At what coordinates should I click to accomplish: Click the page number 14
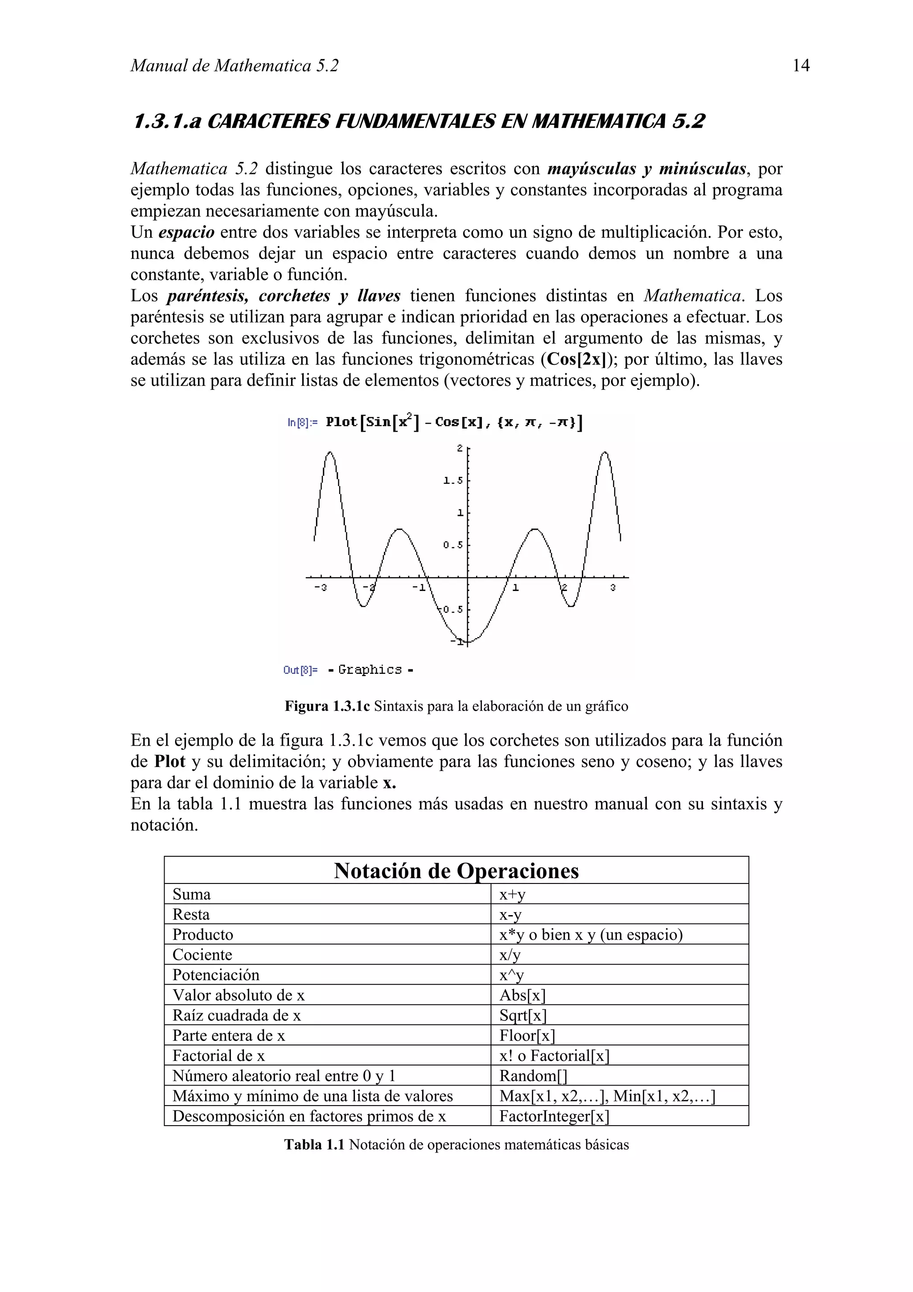pyautogui.click(x=801, y=66)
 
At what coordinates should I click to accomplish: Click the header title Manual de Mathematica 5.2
pyautogui.click(x=234, y=66)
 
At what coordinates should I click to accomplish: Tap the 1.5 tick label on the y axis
pyautogui.click(x=452, y=481)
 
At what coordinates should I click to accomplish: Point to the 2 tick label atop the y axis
pyautogui.click(x=460, y=448)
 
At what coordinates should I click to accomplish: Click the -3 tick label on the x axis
pyautogui.click(x=320, y=587)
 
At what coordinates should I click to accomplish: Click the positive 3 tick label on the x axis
pyautogui.click(x=613, y=587)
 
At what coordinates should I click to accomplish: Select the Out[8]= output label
pyautogui.click(x=300, y=669)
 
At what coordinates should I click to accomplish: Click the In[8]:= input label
pyautogui.click(x=302, y=422)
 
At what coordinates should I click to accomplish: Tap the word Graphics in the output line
pyautogui.click(x=370, y=669)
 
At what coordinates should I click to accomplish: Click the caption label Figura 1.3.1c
pyautogui.click(x=327, y=706)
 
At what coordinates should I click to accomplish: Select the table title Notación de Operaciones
pyautogui.click(x=456, y=871)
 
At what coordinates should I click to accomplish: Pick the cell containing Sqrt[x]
pyautogui.click(x=522, y=1015)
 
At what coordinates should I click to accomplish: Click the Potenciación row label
pyautogui.click(x=216, y=975)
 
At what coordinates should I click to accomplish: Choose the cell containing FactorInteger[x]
pyautogui.click(x=554, y=1116)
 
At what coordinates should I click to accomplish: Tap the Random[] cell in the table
pyautogui.click(x=533, y=1076)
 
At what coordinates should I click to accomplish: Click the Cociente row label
pyautogui.click(x=202, y=955)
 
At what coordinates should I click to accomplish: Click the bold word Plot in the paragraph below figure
pyautogui.click(x=170, y=762)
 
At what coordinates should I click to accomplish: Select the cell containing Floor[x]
pyautogui.click(x=526, y=1036)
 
